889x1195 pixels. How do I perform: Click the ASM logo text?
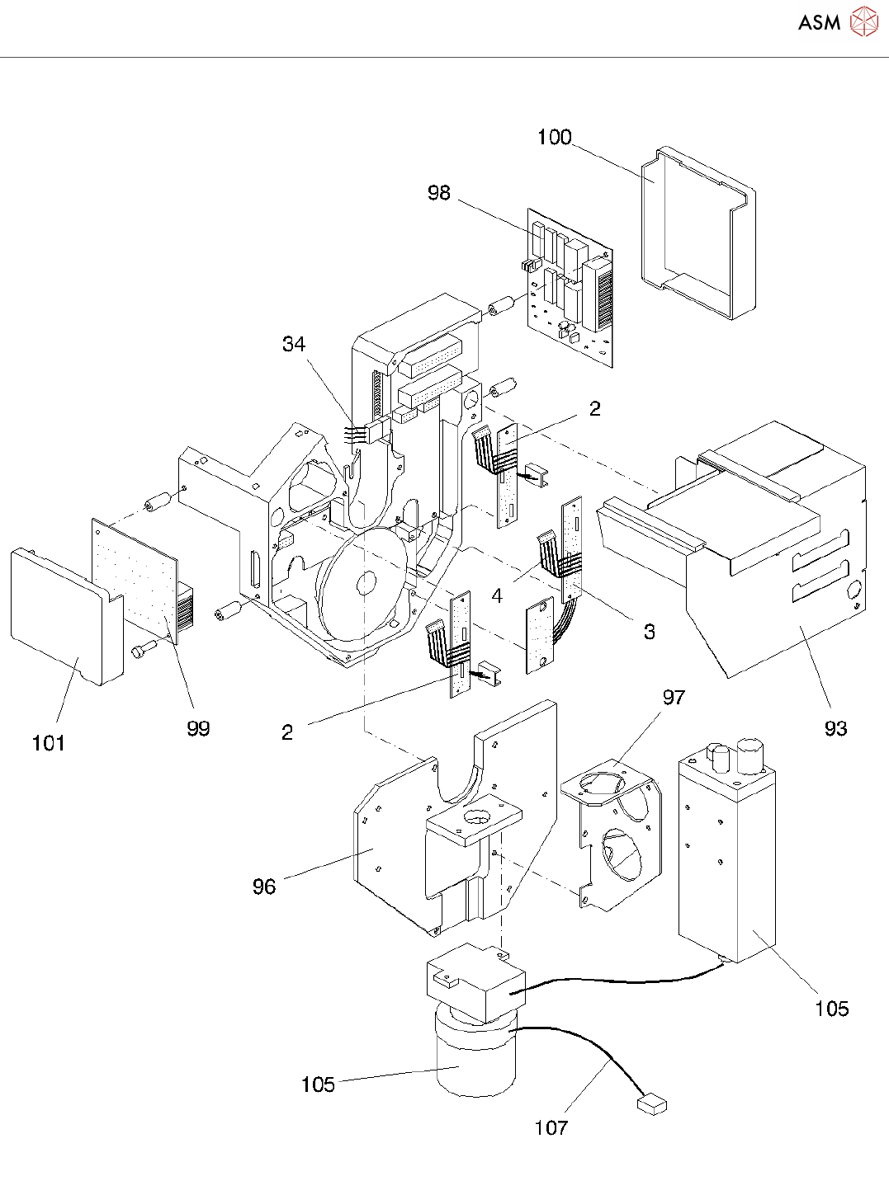pyautogui.click(x=819, y=22)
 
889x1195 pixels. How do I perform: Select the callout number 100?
pyautogui.click(x=554, y=137)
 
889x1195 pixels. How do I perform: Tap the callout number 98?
pyautogui.click(x=438, y=192)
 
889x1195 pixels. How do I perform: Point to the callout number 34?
pyautogui.click(x=294, y=344)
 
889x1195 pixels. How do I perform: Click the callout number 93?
pyautogui.click(x=835, y=728)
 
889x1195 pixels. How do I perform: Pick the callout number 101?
pyautogui.click(x=49, y=743)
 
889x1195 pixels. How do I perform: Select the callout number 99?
pyautogui.click(x=198, y=728)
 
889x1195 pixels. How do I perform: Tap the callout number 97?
pyautogui.click(x=674, y=697)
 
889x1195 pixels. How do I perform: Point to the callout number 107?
pyautogui.click(x=551, y=1127)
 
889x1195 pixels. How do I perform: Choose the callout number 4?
pyautogui.click(x=497, y=595)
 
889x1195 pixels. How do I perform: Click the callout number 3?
pyautogui.click(x=650, y=632)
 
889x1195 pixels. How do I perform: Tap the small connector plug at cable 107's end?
pyautogui.click(x=651, y=1104)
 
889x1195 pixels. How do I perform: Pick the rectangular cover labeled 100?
pyautogui.click(x=698, y=233)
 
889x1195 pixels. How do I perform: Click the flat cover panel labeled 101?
pyautogui.click(x=67, y=616)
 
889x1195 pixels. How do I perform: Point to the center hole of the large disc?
pyautogui.click(x=366, y=583)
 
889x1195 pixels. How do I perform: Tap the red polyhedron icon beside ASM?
pyautogui.click(x=863, y=21)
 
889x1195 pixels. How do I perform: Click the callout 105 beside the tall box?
pyautogui.click(x=831, y=1009)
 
